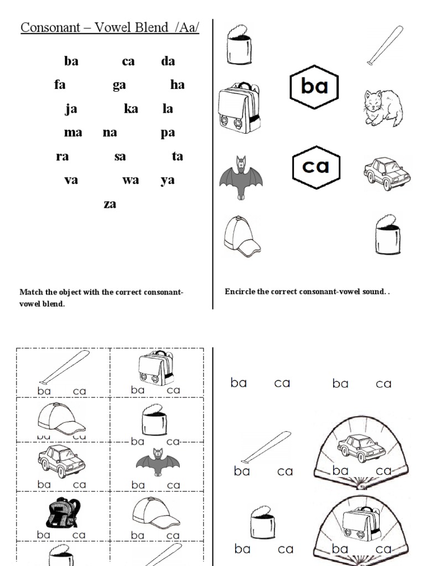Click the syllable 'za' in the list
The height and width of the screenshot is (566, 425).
[110, 204]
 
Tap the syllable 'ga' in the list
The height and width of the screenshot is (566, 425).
[120, 85]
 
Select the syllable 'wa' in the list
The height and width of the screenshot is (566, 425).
[131, 180]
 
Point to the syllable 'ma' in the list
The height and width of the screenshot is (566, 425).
[73, 133]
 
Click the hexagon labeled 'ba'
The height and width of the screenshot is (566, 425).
[314, 86]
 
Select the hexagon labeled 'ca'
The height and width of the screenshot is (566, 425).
[315, 166]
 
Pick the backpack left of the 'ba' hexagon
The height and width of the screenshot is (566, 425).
[239, 108]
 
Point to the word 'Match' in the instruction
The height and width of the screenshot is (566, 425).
[30, 292]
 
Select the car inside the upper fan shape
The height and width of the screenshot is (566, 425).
[354, 447]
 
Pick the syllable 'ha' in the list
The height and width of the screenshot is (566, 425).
[177, 85]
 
